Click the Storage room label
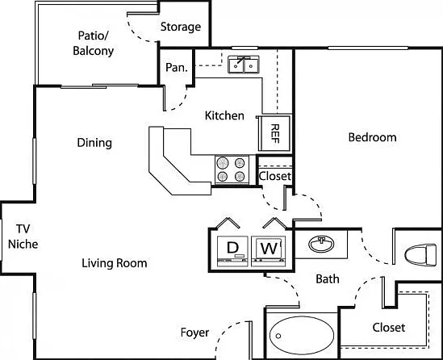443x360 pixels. pyautogui.click(x=181, y=27)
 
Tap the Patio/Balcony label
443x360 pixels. pyautogui.click(x=94, y=44)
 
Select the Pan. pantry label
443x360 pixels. pyautogui.click(x=177, y=68)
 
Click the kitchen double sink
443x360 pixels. pyautogui.click(x=244, y=65)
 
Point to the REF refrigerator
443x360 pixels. pyautogui.click(x=274, y=133)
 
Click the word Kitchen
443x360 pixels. pyautogui.click(x=224, y=115)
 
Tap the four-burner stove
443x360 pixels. pyautogui.click(x=232, y=170)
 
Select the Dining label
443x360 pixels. pyautogui.click(x=94, y=143)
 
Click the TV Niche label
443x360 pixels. pyautogui.click(x=23, y=237)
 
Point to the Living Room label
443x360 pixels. pyautogui.click(x=115, y=263)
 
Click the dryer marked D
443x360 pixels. pyautogui.click(x=232, y=251)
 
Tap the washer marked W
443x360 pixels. pyautogui.click(x=269, y=251)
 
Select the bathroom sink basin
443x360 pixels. pyautogui.click(x=321, y=244)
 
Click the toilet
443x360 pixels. pyautogui.click(x=420, y=255)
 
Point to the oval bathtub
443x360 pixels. pyautogui.click(x=302, y=336)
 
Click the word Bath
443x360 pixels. pyautogui.click(x=328, y=279)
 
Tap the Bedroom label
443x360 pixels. pyautogui.click(x=372, y=137)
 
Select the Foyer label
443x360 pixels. pyautogui.click(x=195, y=333)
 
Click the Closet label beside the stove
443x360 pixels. pyautogui.click(x=275, y=176)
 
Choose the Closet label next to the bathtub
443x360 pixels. pyautogui.click(x=389, y=328)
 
